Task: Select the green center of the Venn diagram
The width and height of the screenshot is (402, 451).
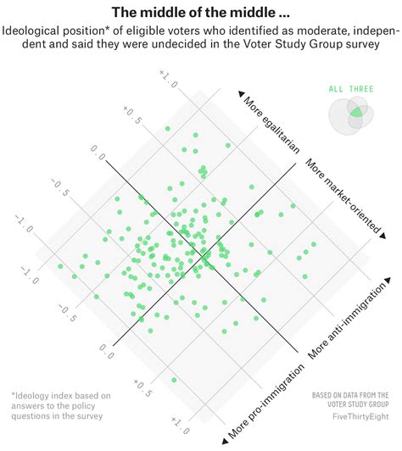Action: pos(357,112)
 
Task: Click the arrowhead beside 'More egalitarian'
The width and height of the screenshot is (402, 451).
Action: pos(242,92)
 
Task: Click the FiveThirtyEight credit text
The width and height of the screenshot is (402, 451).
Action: pos(350,420)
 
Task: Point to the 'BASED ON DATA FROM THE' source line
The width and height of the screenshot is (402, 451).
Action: pos(350,394)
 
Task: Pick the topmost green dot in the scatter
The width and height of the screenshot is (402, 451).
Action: pos(167,129)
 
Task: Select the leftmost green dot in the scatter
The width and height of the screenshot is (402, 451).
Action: pos(60,266)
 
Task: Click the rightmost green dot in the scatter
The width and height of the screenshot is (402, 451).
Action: pos(314,244)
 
